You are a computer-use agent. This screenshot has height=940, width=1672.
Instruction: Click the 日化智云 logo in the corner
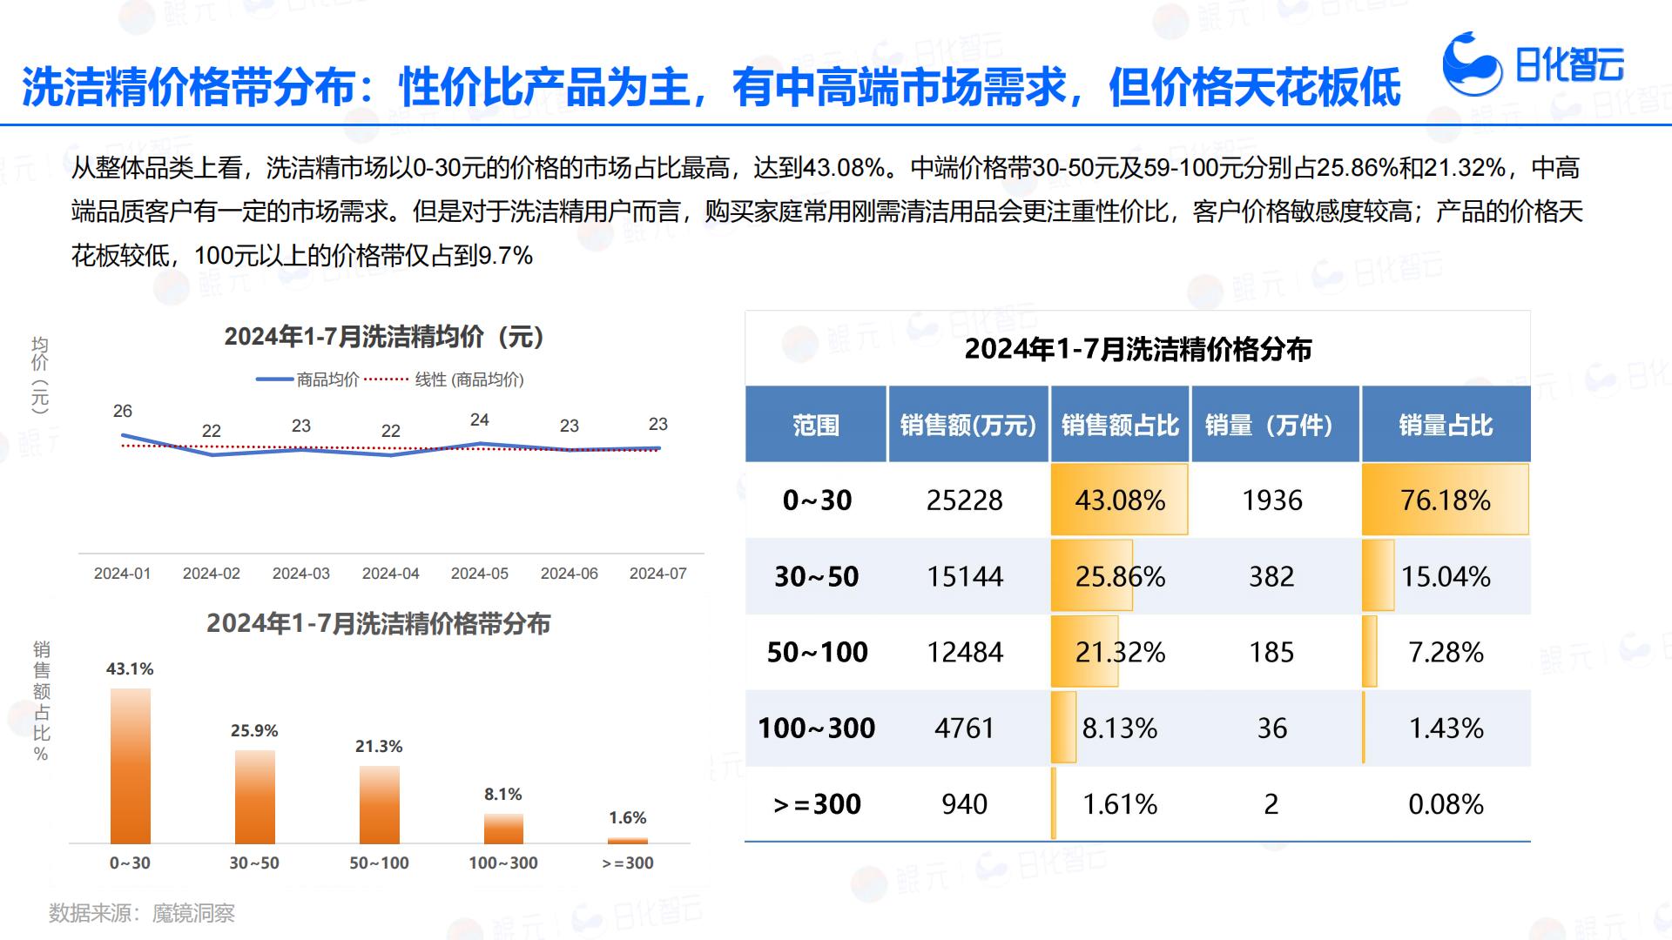(x=1533, y=64)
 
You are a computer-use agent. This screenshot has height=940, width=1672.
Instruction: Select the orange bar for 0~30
(x=131, y=766)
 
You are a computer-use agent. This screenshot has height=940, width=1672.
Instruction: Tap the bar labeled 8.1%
(x=503, y=829)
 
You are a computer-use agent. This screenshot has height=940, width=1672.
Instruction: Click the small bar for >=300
(x=627, y=841)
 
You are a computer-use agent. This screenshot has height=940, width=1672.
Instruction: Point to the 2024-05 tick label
(x=480, y=574)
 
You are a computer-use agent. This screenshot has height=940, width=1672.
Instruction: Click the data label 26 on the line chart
(x=123, y=411)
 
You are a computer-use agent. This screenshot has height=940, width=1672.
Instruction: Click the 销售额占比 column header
(x=1120, y=425)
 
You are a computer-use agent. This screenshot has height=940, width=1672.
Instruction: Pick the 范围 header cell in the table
(x=816, y=425)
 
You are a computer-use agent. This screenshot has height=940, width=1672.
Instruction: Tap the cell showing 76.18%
(x=1446, y=500)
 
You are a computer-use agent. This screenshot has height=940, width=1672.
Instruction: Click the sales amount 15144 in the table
(x=965, y=576)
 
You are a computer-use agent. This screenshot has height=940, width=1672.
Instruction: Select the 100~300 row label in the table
(x=816, y=728)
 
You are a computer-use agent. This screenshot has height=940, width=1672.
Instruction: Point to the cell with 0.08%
(x=1446, y=803)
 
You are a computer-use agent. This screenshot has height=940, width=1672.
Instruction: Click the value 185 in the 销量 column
(x=1271, y=652)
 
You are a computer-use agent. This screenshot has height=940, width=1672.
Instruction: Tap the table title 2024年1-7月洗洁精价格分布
(x=1137, y=349)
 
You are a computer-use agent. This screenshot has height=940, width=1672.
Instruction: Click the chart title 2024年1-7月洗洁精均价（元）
(x=384, y=336)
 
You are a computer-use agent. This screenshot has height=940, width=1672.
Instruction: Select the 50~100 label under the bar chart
(x=379, y=863)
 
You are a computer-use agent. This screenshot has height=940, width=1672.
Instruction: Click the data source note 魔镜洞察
(x=193, y=913)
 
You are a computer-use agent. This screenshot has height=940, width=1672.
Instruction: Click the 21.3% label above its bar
(x=379, y=746)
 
